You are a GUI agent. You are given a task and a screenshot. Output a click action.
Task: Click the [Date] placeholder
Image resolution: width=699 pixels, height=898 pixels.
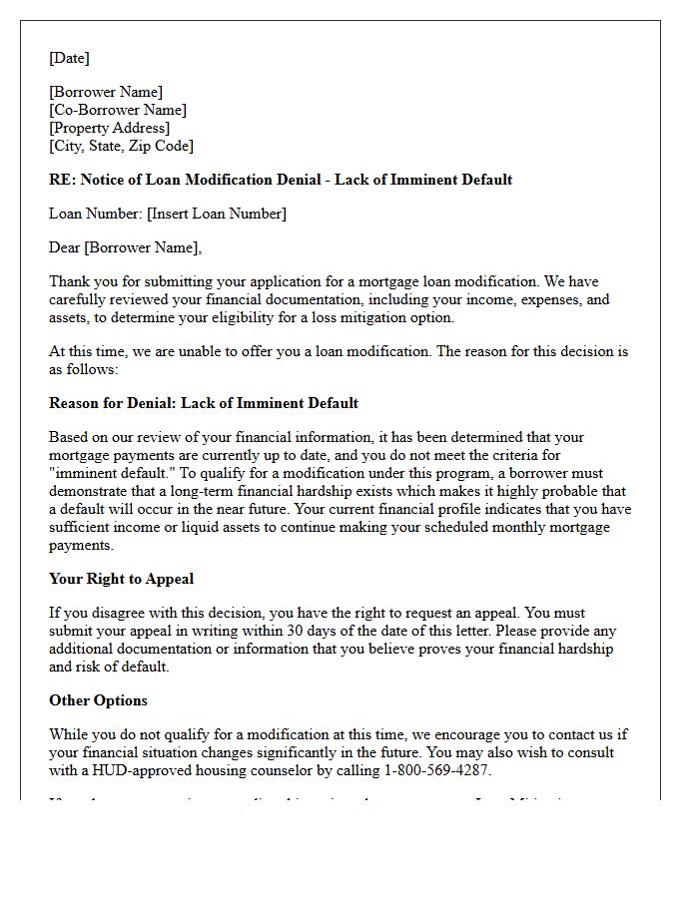click(x=69, y=58)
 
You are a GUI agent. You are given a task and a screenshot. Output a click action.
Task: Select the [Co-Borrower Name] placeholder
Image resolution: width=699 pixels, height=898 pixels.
click(x=118, y=110)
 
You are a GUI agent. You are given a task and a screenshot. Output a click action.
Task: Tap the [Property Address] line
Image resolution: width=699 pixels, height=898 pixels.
click(x=110, y=128)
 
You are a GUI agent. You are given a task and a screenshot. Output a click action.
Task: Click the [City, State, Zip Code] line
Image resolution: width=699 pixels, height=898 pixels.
click(x=121, y=146)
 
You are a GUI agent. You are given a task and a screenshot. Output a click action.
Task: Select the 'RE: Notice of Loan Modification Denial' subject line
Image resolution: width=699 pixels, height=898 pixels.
click(x=280, y=180)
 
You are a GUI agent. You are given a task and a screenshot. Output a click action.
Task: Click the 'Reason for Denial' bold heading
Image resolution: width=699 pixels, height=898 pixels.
click(x=204, y=403)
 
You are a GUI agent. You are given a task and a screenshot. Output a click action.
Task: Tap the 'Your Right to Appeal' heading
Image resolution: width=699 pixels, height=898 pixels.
click(x=121, y=579)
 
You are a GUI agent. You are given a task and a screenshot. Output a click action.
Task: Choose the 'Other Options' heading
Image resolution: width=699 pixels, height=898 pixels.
click(x=98, y=700)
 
